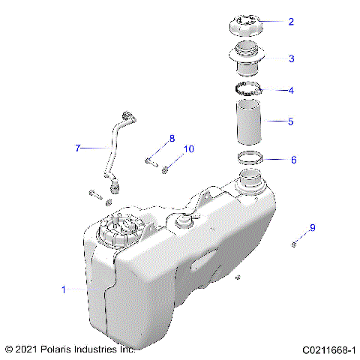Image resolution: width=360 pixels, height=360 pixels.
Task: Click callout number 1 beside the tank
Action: click(64, 289)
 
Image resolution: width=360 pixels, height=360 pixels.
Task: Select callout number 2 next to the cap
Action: click(291, 22)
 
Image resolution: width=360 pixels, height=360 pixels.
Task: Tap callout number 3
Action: click(291, 58)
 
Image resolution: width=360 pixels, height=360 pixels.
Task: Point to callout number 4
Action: click(291, 91)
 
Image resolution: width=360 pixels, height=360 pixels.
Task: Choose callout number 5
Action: click(291, 120)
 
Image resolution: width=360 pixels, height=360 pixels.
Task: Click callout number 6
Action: click(293, 160)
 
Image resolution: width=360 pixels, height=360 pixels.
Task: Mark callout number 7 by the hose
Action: click(77, 148)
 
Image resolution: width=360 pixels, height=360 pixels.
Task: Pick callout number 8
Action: click(172, 138)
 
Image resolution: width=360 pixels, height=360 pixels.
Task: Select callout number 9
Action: click(312, 227)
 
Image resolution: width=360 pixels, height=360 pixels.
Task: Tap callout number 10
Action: click(188, 149)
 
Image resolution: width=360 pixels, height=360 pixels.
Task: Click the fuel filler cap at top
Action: click(244, 25)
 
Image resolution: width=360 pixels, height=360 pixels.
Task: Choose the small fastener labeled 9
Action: click(296, 243)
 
